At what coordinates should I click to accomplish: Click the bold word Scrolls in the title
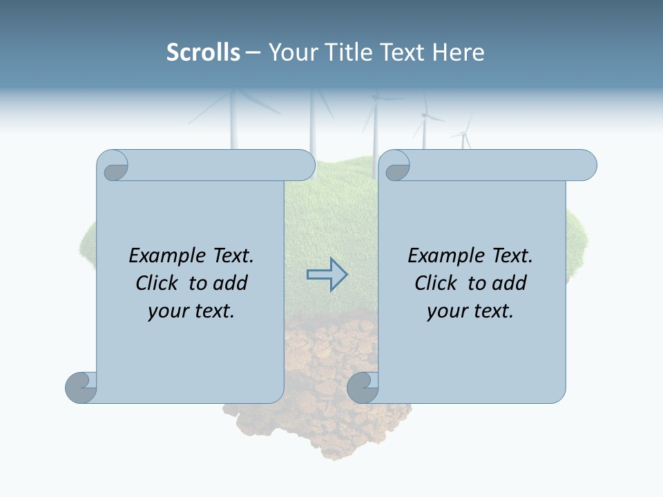click(x=203, y=52)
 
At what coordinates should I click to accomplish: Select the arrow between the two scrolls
click(x=327, y=275)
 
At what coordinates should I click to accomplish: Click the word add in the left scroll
click(x=231, y=283)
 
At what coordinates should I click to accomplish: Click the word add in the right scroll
click(x=510, y=283)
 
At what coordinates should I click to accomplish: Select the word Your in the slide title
click(x=291, y=52)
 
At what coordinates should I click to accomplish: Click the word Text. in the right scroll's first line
click(x=508, y=256)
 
